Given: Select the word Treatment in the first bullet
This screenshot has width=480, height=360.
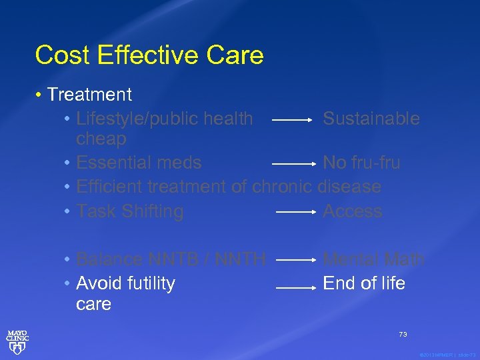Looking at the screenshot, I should [89, 95].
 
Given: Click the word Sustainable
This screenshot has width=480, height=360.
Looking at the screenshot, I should [371, 119].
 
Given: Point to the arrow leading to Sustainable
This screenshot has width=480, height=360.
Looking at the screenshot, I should [293, 121].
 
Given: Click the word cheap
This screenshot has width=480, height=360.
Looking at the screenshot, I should [101, 139].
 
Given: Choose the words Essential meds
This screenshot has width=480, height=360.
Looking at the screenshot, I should [139, 163].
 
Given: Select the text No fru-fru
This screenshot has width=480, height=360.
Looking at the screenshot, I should [361, 163].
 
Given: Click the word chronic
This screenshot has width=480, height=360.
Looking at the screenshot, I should [283, 187].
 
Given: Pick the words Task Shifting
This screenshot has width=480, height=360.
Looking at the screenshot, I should [130, 211].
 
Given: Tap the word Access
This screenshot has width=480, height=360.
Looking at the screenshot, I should [353, 211].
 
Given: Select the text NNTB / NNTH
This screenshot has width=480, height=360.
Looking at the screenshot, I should [207, 259].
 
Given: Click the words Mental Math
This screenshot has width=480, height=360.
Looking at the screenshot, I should [373, 259].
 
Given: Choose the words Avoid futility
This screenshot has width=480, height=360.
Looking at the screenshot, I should [126, 283].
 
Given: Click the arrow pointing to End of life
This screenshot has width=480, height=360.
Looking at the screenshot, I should [295, 287].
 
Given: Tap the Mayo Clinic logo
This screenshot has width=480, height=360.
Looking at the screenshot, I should [17, 340].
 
